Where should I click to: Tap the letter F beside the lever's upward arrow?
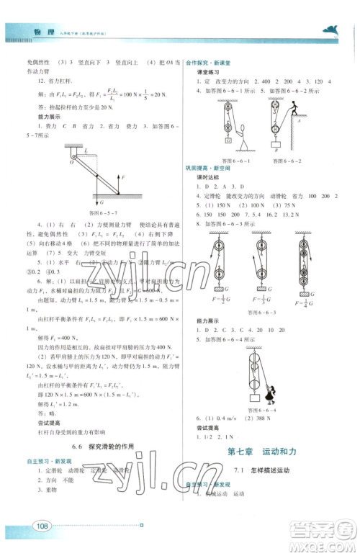(x=125, y=176)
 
